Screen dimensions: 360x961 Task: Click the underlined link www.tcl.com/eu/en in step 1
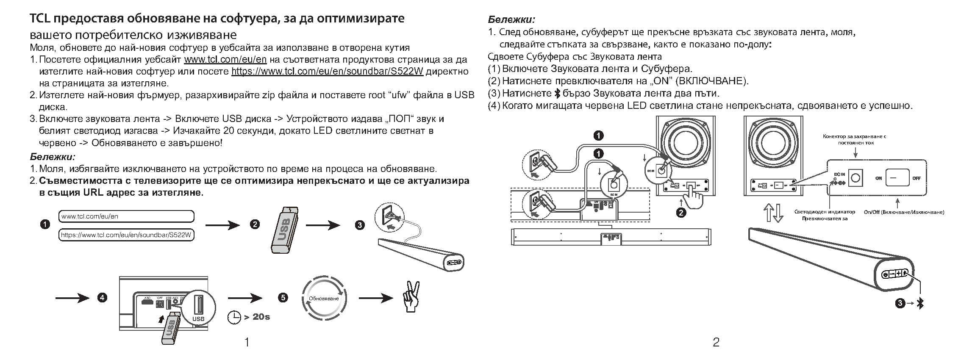(x=225, y=59)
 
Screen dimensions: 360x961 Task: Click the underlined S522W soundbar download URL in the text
(x=327, y=71)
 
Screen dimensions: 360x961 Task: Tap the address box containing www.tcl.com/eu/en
(x=126, y=216)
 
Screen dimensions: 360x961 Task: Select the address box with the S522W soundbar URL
(x=126, y=235)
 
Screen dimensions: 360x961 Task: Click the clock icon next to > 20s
(x=234, y=317)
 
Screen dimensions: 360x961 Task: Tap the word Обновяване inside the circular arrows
(x=324, y=299)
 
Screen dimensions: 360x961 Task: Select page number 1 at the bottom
(x=247, y=342)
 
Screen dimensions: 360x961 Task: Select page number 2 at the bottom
(x=716, y=342)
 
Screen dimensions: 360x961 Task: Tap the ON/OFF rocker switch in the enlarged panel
(x=897, y=178)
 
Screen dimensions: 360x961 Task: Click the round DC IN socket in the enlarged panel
(x=855, y=178)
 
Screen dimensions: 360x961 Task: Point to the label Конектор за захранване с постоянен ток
(x=855, y=139)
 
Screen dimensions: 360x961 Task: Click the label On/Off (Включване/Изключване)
(x=904, y=212)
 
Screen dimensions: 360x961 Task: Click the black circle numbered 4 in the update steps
(x=102, y=298)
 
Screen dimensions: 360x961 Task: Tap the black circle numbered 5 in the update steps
(x=283, y=298)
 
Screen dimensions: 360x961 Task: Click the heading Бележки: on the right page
(x=511, y=19)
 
